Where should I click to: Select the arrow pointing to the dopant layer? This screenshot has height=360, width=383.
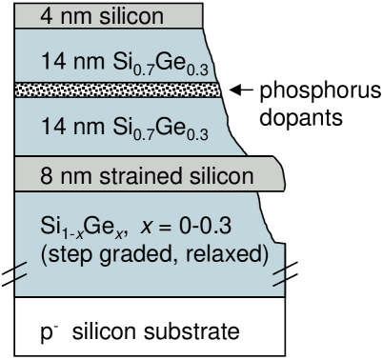pos(240,90)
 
